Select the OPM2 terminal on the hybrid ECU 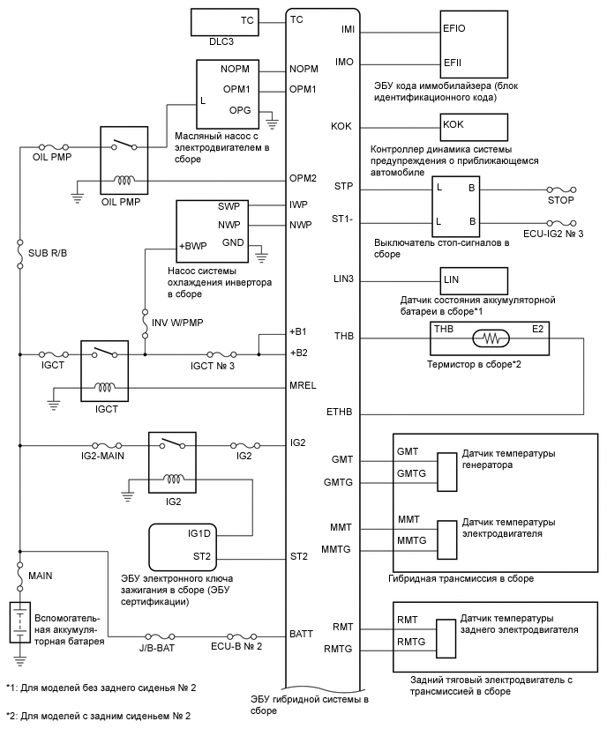[x=303, y=178]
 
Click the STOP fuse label [x=561, y=200]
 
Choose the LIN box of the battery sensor [x=452, y=279]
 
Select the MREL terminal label [x=303, y=386]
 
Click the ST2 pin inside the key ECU [x=201, y=556]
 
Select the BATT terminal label [x=302, y=633]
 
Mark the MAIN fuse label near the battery [x=41, y=575]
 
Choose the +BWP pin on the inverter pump [x=193, y=246]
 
